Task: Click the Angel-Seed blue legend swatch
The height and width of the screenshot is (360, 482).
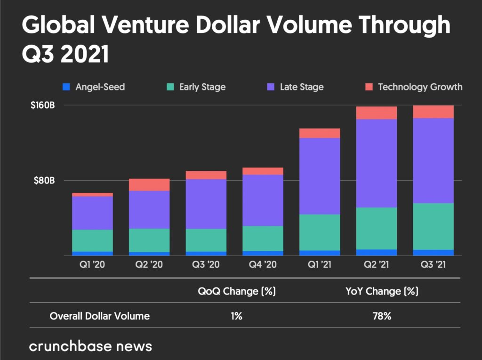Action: click(66, 87)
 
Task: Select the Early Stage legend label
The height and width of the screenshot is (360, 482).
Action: click(202, 87)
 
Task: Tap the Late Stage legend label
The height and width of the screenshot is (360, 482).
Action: click(301, 87)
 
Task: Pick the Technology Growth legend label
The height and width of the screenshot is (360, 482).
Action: click(420, 87)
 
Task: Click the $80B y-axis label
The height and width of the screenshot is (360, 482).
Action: click(44, 181)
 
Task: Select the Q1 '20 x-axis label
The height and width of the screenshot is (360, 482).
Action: click(92, 265)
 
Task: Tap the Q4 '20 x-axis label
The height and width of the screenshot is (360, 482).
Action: click(263, 265)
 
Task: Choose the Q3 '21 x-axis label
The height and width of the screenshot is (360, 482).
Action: click(433, 265)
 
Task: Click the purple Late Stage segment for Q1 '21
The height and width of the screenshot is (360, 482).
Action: click(320, 176)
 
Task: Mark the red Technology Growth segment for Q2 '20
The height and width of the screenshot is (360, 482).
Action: click(149, 184)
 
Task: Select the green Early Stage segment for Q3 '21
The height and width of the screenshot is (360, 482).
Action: click(433, 226)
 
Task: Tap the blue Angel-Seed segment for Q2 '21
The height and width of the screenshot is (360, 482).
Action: click(377, 252)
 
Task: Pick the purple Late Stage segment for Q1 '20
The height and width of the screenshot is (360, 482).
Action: click(92, 213)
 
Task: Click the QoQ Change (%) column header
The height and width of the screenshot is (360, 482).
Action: click(236, 291)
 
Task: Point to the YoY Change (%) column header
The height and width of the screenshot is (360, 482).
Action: click(381, 291)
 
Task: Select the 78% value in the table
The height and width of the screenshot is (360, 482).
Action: click(381, 316)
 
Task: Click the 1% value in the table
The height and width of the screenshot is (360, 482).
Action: click(236, 316)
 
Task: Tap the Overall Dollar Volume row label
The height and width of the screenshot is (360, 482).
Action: click(100, 316)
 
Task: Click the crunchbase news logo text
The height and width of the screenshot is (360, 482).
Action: click(90, 346)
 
